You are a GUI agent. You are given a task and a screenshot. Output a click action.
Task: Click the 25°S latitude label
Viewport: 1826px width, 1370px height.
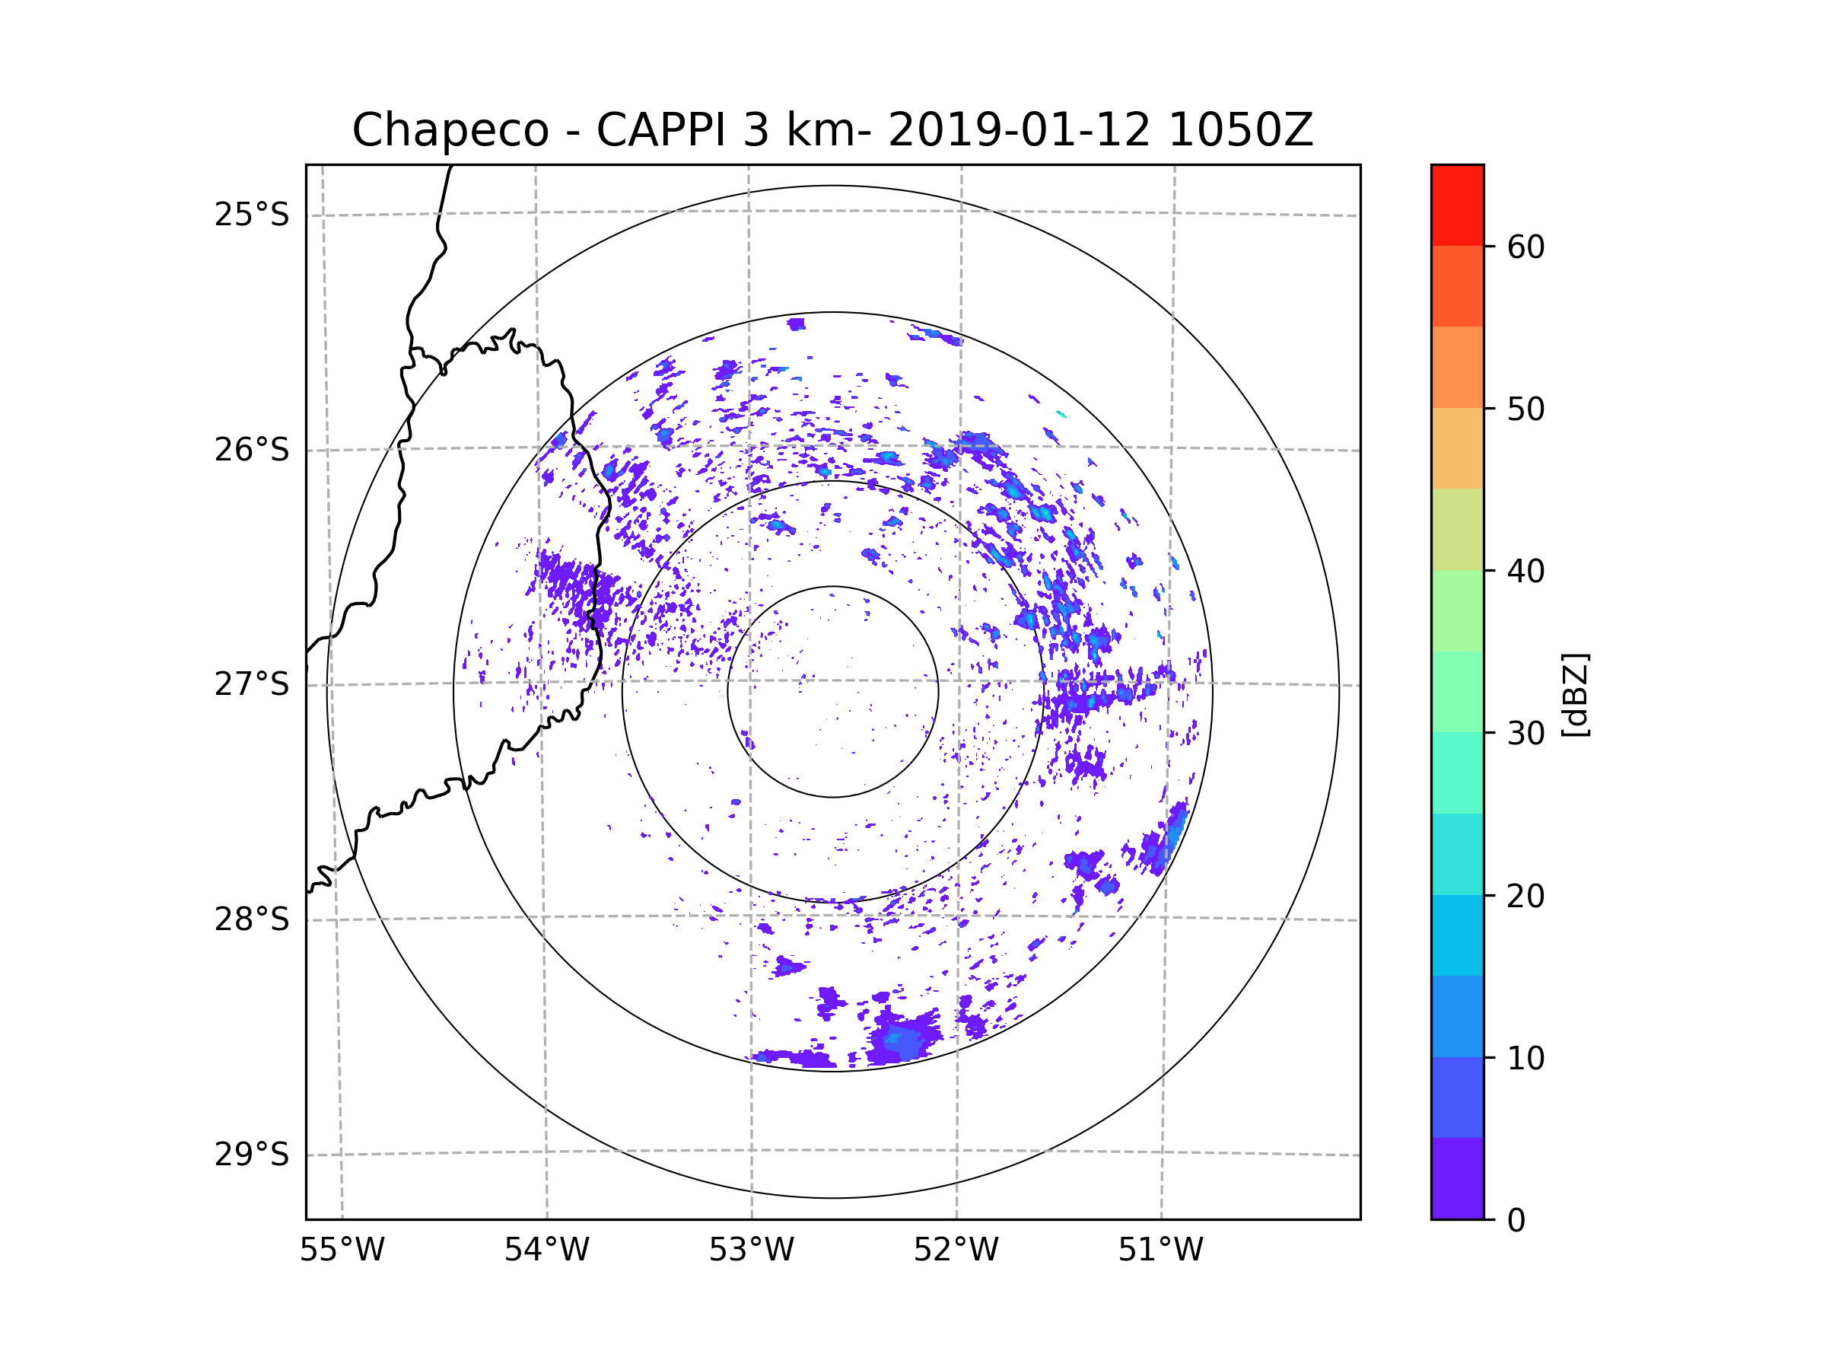point(252,215)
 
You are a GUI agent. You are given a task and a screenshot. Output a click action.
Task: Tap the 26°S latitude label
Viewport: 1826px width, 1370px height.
point(252,450)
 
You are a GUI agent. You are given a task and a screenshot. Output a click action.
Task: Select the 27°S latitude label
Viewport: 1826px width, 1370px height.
point(252,684)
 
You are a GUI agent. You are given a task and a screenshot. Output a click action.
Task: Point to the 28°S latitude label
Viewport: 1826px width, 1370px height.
point(252,919)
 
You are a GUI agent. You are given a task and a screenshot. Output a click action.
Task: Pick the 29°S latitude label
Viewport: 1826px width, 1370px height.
point(252,1155)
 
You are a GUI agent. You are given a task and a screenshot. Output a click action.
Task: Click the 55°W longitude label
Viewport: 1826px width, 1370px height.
point(342,1251)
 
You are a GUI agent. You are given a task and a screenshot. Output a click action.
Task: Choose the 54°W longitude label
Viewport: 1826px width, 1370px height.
point(546,1251)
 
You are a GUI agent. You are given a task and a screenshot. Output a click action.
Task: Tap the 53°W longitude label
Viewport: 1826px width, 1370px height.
point(751,1251)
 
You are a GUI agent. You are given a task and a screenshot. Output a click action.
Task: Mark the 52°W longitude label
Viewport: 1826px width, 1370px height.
point(956,1251)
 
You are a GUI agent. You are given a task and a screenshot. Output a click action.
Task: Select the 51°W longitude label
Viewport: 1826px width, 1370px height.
point(1160,1251)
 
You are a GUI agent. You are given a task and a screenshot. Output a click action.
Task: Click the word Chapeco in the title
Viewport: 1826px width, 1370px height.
point(450,130)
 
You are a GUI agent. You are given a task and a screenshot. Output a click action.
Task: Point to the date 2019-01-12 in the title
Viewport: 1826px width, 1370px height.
point(1018,130)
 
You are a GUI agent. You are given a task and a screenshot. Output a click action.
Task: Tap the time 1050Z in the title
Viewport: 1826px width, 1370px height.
point(1240,130)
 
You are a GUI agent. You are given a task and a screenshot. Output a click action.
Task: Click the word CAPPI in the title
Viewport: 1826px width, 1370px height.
point(660,130)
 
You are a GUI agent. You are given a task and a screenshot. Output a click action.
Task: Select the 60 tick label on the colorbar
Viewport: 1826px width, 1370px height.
point(1525,247)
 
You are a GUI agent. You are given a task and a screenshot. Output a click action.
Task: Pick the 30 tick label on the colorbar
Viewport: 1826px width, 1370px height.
point(1525,733)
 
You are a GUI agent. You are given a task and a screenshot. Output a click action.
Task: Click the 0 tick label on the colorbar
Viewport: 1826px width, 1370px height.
point(1516,1221)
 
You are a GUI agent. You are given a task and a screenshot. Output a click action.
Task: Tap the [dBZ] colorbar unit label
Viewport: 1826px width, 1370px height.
point(1575,694)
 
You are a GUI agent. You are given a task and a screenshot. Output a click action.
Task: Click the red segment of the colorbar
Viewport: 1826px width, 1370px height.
point(1457,205)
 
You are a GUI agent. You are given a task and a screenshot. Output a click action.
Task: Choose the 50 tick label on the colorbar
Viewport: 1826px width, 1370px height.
point(1525,409)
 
